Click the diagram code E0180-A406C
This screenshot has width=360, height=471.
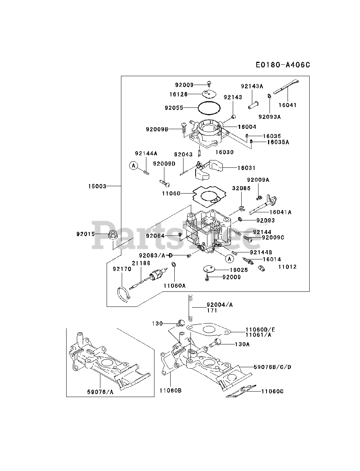coord(283,65)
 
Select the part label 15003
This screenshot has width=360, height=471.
coord(97,186)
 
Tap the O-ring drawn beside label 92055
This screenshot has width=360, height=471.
coord(209,108)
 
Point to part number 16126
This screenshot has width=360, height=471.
coord(178,94)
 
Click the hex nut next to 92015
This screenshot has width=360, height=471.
coord(113,234)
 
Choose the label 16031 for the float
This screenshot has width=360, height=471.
coord(246,168)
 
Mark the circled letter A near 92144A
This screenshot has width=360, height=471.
coord(133,166)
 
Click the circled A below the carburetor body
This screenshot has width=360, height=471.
coord(229,259)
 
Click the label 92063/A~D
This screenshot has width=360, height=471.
coord(156,255)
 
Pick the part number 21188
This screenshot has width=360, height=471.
coord(141,263)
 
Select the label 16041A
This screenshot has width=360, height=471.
coord(281,212)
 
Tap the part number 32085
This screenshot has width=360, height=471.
coord(241,188)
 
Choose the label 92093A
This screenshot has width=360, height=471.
coord(270,117)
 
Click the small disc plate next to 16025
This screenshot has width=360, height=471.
coord(209,269)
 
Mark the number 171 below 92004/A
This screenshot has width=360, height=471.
coord(212,310)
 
